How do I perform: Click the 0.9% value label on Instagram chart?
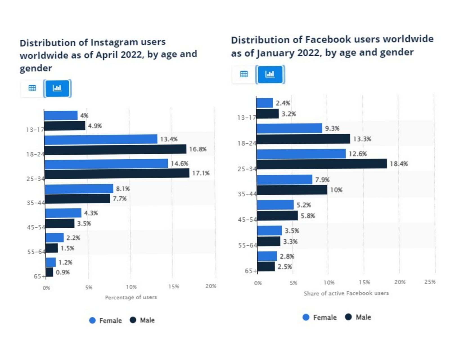point(63,272)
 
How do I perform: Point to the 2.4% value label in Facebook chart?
point(283,103)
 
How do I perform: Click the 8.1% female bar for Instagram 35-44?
point(79,189)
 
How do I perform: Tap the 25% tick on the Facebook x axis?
point(430,282)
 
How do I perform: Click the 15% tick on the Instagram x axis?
point(174,287)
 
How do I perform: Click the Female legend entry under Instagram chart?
point(106,320)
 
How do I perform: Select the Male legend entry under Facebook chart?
point(358,317)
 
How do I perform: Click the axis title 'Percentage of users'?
point(131,297)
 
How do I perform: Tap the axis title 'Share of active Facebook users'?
point(346,293)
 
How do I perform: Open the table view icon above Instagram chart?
point(32,88)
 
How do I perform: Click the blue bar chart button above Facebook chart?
point(270,74)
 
